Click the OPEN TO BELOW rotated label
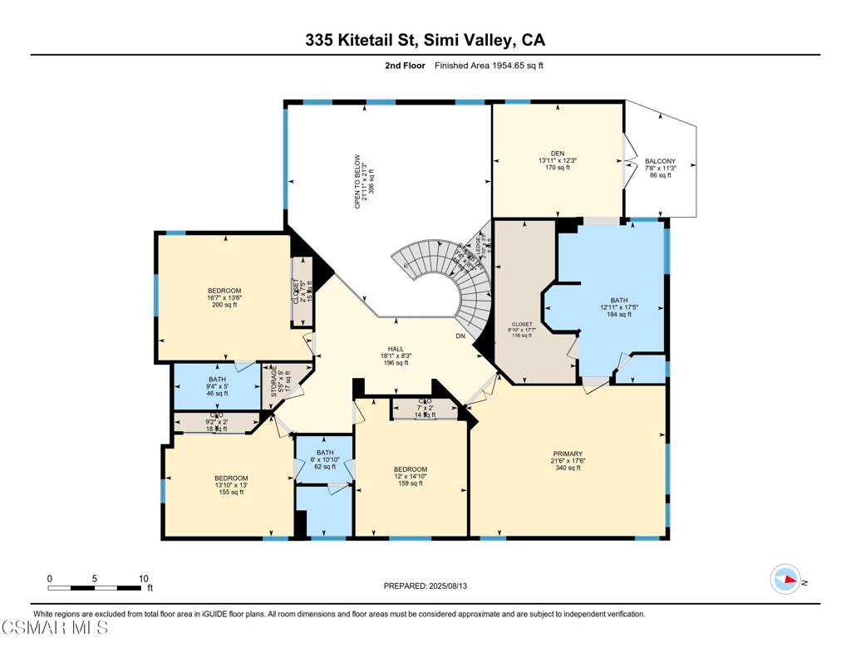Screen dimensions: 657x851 click(360, 180)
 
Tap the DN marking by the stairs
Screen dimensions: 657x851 click(460, 336)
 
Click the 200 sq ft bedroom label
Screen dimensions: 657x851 click(224, 298)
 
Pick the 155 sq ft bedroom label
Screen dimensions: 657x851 click(231, 485)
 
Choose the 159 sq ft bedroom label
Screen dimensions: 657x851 click(411, 476)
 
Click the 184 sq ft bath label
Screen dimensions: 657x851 click(618, 307)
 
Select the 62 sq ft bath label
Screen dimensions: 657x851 click(325, 460)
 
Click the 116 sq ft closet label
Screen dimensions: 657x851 click(523, 330)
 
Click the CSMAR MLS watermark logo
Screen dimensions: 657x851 click(54, 627)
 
